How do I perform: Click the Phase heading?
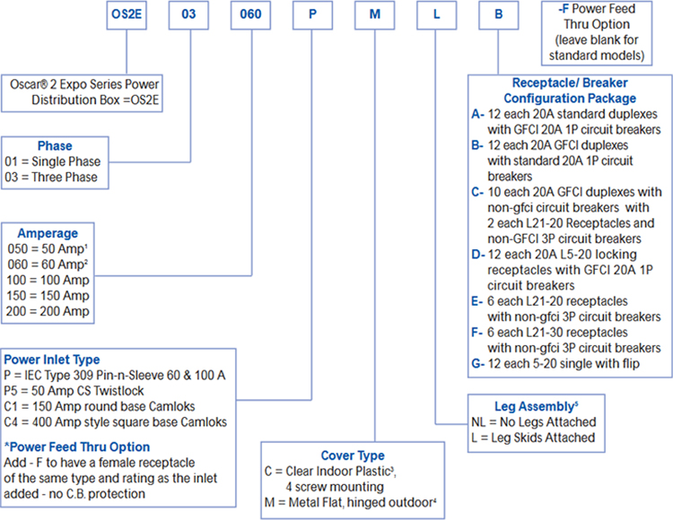click(x=56, y=146)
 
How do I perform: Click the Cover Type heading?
click(x=352, y=455)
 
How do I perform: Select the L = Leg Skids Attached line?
click(x=532, y=438)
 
